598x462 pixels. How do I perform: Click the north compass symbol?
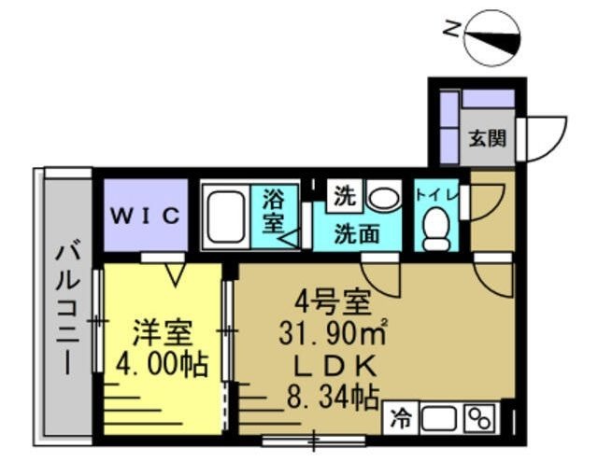(x=492, y=37)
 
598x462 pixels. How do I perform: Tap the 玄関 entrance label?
(x=488, y=138)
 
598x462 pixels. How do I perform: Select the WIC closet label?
(x=146, y=216)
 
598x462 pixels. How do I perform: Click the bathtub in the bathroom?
(x=226, y=217)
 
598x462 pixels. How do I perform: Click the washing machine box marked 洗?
(x=345, y=196)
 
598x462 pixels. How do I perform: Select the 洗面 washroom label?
(x=357, y=234)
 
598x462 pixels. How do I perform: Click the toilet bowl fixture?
(x=437, y=229)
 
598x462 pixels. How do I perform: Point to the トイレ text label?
(x=437, y=196)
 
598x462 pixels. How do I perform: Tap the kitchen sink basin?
(x=438, y=418)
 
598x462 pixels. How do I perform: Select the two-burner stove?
(x=479, y=418)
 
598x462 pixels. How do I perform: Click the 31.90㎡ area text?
(x=334, y=332)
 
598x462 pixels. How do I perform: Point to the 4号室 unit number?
(x=333, y=302)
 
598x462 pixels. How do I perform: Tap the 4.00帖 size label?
(x=162, y=364)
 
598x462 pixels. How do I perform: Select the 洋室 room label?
(x=162, y=333)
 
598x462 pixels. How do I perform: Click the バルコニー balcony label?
(x=67, y=306)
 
